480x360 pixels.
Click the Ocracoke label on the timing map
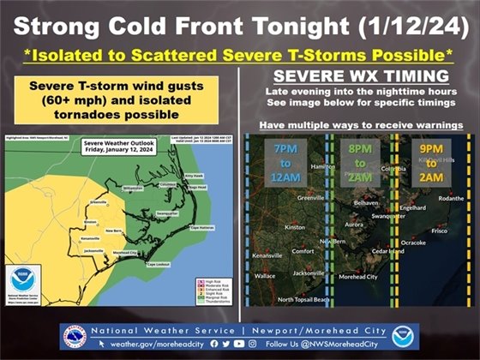point(413,243)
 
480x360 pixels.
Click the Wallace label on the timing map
point(265,276)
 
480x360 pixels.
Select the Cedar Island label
point(389,251)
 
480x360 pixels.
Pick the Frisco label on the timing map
point(440,231)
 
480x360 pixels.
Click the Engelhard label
point(412,207)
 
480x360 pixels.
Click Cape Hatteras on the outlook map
point(201,227)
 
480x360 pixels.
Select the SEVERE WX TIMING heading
point(355,74)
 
